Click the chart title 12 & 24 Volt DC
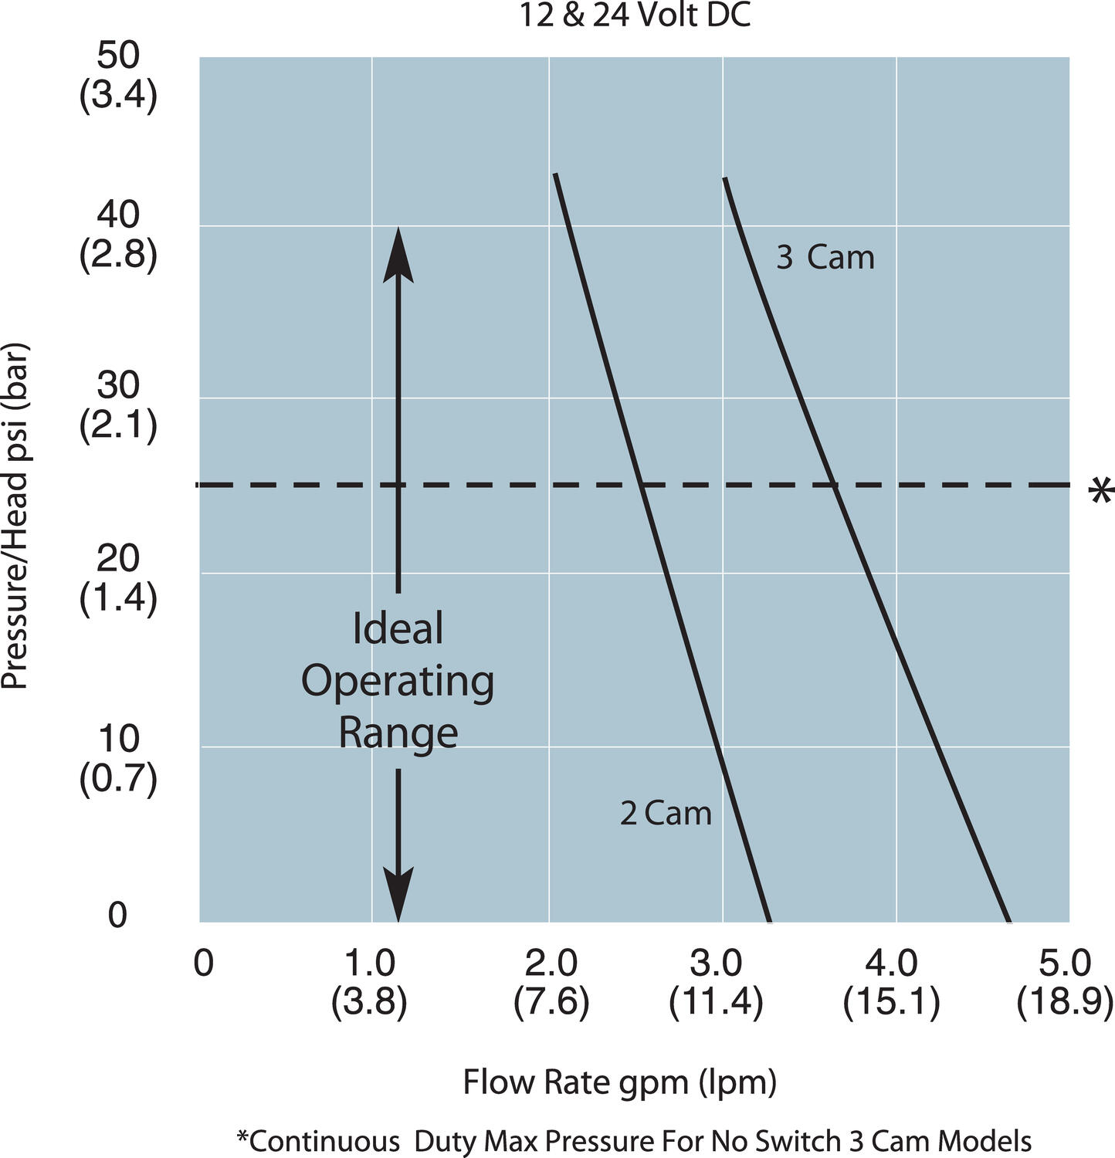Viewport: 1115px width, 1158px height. coord(634,15)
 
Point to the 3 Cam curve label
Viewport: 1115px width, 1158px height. coord(825,258)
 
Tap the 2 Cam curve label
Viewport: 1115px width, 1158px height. coord(666,814)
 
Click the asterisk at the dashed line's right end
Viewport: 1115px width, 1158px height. coord(1100,493)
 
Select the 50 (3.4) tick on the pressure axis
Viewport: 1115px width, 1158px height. coord(118,76)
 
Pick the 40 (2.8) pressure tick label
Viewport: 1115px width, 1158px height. coord(118,234)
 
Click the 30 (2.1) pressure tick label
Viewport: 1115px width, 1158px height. coord(118,404)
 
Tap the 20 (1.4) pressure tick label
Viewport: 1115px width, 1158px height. coord(118,577)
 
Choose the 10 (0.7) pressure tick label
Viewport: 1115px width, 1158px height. coord(118,758)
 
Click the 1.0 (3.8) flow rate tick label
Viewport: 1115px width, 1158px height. coord(369,983)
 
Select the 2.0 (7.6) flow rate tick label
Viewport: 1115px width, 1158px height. coord(551,983)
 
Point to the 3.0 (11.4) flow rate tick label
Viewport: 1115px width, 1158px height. coord(716,983)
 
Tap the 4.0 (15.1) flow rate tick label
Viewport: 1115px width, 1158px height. coord(891,983)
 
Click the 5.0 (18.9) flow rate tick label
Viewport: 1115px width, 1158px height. coord(1065,983)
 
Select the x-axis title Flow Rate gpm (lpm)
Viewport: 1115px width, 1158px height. coord(619,1082)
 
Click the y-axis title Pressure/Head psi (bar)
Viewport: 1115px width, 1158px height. coord(15,516)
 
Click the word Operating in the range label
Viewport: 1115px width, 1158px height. coord(398,681)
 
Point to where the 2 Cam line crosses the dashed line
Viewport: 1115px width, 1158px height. coord(641,485)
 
